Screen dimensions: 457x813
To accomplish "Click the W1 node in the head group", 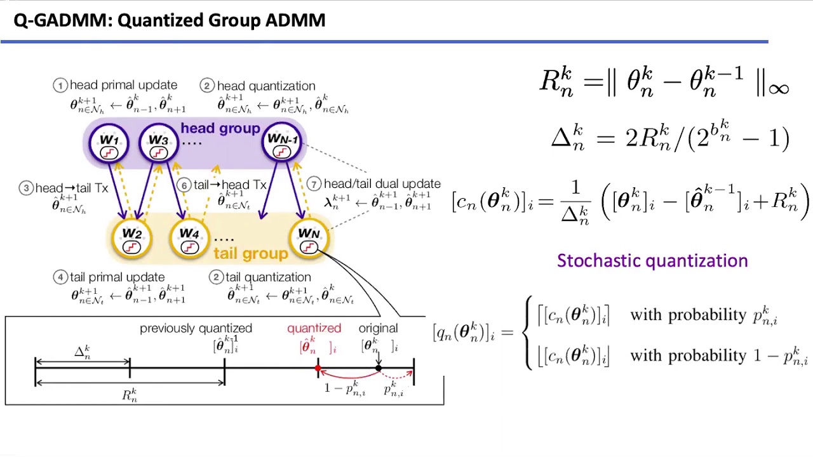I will pos(109,143).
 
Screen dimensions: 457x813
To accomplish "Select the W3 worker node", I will pos(158,143).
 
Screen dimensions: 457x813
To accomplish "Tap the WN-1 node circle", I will pos(282,143).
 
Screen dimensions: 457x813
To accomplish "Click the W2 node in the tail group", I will pos(131,239).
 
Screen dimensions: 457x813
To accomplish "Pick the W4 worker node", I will pos(189,239).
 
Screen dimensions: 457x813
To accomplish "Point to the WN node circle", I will pos(309,239).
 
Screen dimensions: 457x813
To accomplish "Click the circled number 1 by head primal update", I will pos(60,85).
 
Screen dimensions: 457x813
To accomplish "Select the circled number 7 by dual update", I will pos(314,184).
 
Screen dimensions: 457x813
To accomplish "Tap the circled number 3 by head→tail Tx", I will pos(26,189).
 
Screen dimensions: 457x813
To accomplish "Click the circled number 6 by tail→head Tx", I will pos(184,185).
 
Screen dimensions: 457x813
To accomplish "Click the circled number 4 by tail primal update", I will pos(60,277).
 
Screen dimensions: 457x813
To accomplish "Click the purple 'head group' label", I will pos(220,129).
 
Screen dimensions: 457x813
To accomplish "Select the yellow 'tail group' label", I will pos(250,254).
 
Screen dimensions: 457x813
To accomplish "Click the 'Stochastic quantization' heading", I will pos(652,261).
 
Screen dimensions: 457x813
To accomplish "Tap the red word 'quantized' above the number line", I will pos(314,328).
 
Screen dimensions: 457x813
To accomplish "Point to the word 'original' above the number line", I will pos(378,328).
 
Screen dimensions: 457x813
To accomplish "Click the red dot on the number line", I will pos(318,368).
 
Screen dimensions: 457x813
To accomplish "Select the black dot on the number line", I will pos(379,368).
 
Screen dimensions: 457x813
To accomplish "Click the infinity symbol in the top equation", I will pos(779,88).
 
